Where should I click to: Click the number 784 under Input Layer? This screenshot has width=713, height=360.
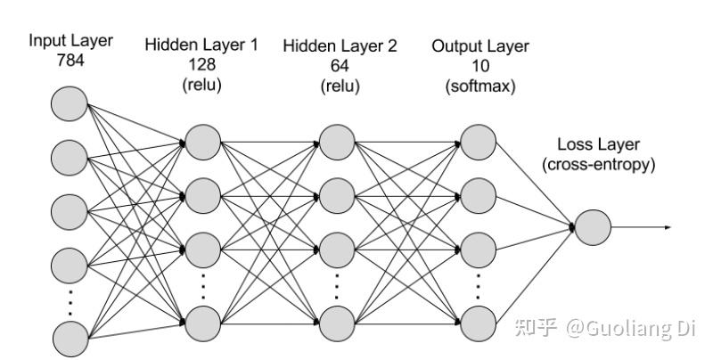[x=70, y=60]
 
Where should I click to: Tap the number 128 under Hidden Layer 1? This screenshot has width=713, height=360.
[x=201, y=64]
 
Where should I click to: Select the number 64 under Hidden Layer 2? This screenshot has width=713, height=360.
[x=340, y=66]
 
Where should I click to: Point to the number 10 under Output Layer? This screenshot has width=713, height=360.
[x=480, y=66]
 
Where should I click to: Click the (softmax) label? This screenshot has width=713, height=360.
[x=480, y=86]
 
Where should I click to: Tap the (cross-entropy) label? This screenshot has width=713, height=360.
[x=598, y=164]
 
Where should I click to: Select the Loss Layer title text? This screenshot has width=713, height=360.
[x=598, y=144]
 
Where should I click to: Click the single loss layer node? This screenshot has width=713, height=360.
[x=593, y=227]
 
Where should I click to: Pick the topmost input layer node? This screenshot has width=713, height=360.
[x=70, y=103]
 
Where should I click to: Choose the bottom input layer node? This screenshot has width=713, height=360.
[x=70, y=339]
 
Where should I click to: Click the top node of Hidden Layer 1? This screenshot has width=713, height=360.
[x=203, y=143]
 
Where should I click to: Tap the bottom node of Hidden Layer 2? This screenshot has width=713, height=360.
[x=337, y=323]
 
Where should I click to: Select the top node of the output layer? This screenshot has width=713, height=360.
[x=478, y=143]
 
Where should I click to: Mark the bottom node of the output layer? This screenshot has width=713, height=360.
[x=478, y=323]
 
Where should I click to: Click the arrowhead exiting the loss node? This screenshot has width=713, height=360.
[x=668, y=227]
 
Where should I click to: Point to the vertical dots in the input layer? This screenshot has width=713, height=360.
[x=70, y=302]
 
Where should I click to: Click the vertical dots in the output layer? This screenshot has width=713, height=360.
[x=478, y=286]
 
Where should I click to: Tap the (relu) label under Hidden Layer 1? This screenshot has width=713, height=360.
[x=201, y=85]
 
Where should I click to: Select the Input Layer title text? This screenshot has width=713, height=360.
[x=70, y=40]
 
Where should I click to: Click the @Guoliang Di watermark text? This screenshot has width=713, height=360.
[x=630, y=328]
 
